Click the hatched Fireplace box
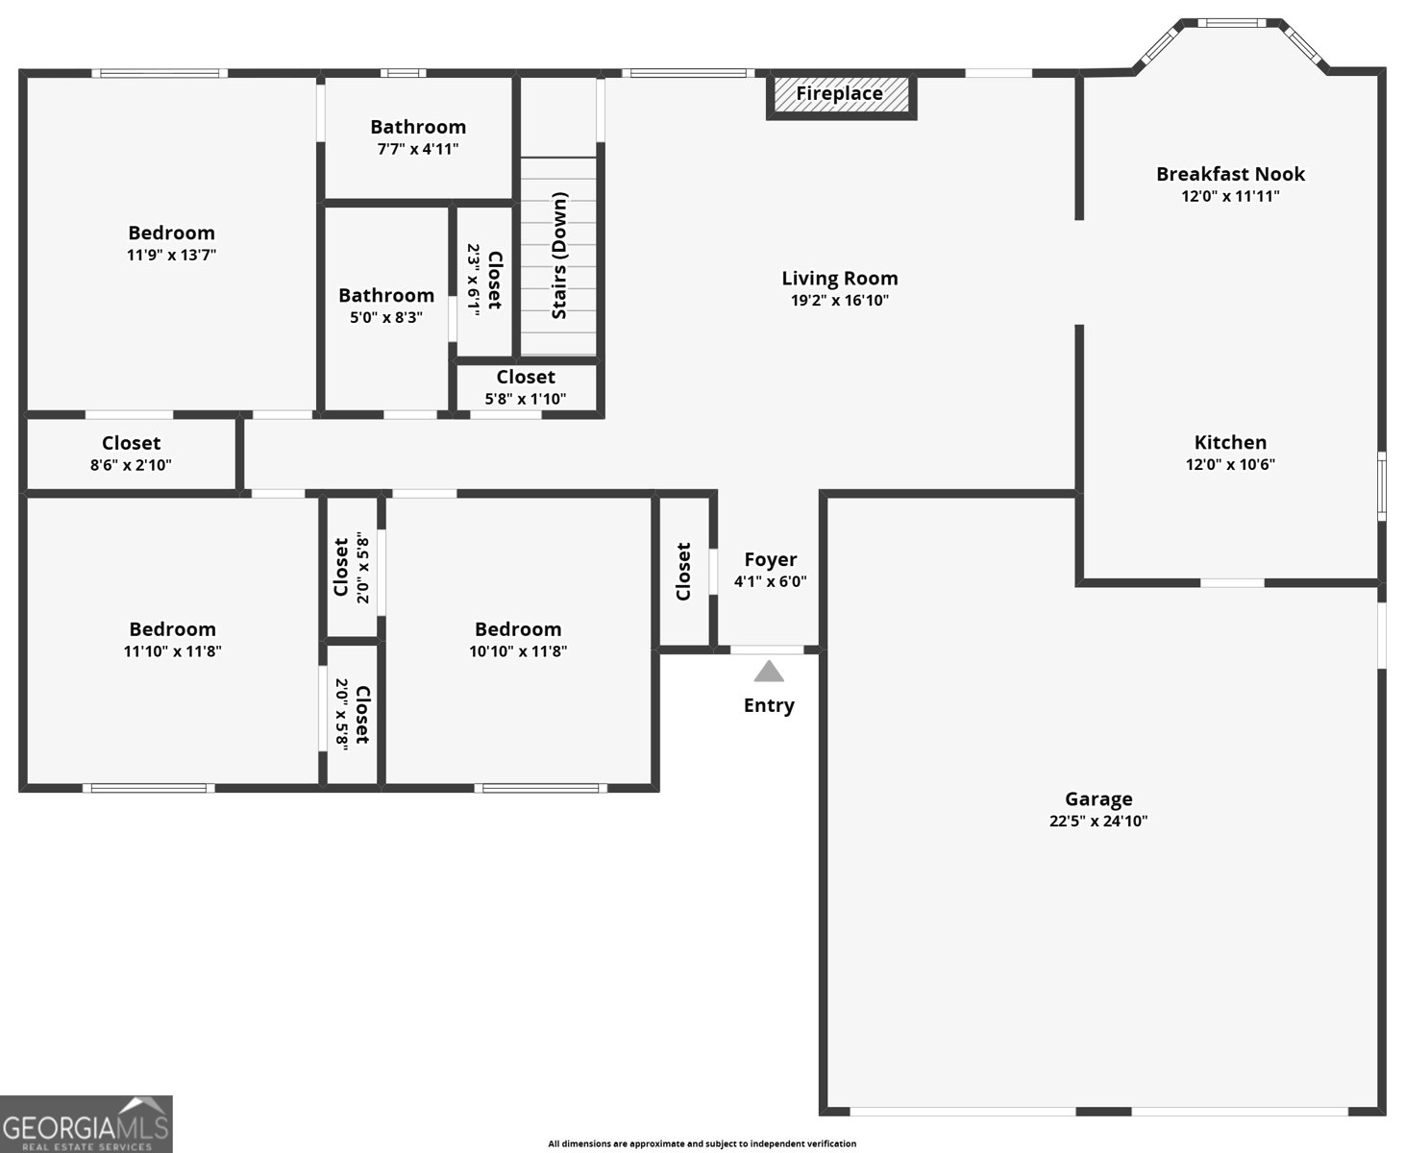click(840, 95)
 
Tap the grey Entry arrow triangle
click(769, 672)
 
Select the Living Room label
click(839, 279)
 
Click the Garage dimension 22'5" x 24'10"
click(1098, 822)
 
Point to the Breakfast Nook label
click(1230, 174)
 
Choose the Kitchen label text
click(1230, 442)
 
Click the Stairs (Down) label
click(559, 256)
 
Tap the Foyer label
click(770, 559)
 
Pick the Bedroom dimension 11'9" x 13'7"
click(171, 256)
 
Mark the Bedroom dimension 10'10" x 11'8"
click(518, 651)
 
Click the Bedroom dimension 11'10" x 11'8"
click(172, 651)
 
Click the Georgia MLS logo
click(86, 1124)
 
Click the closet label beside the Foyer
click(683, 572)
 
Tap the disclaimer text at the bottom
click(702, 1143)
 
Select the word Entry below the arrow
click(769, 705)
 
